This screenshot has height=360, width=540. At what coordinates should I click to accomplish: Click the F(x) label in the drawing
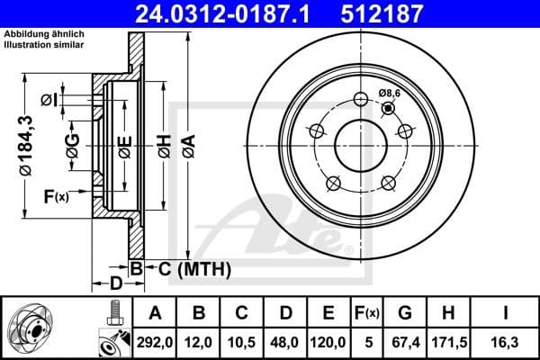(x=55, y=196)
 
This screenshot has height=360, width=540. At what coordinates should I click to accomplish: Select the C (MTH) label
(x=189, y=268)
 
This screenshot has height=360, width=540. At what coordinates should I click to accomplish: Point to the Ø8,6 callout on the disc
(x=390, y=93)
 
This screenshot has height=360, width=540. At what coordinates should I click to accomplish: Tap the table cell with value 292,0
(x=156, y=341)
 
